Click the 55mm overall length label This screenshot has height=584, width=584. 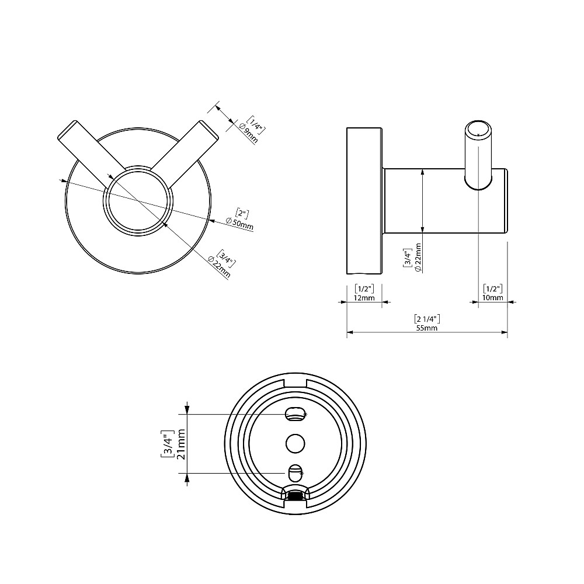(x=427, y=328)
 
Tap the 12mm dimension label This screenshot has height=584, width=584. (x=364, y=298)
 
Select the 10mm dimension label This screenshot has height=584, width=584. (x=492, y=298)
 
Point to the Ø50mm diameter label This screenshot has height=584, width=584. (x=240, y=224)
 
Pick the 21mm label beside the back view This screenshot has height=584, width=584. (x=182, y=444)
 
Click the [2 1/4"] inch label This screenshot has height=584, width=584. (x=427, y=319)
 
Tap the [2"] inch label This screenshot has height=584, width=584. (x=242, y=213)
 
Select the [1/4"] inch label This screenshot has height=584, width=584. (x=257, y=125)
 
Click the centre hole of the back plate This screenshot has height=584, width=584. (x=296, y=444)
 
